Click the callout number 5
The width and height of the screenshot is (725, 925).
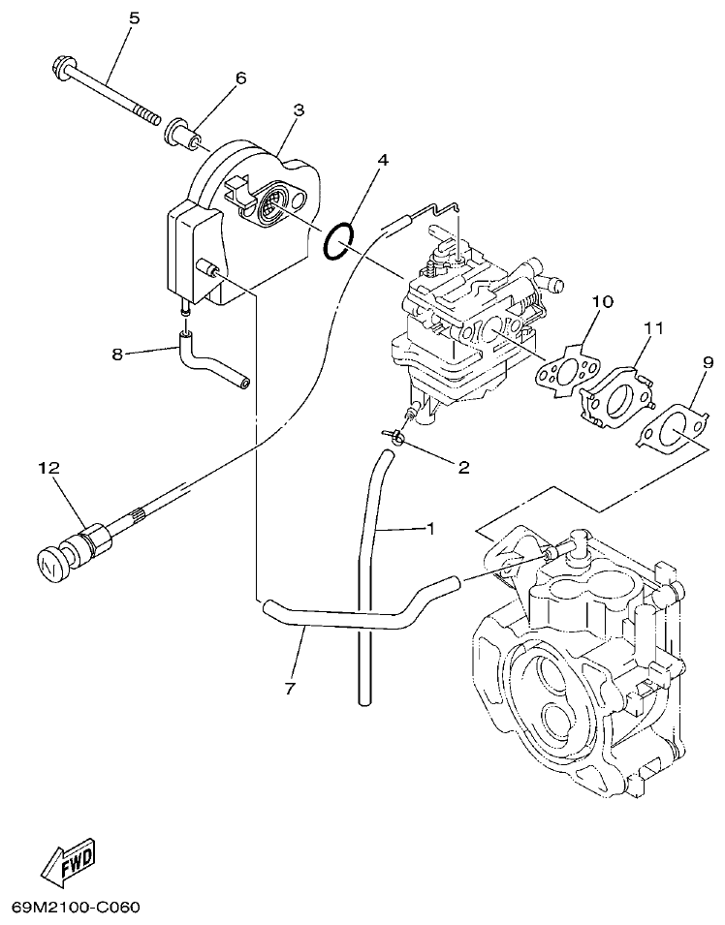coord(134,17)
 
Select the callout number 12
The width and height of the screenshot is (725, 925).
coord(49,468)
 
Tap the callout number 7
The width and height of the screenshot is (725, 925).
coord(289,689)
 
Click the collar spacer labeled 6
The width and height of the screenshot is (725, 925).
coord(184,133)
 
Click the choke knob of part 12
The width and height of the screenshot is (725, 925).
coord(51,561)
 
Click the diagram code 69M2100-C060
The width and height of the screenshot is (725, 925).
coord(77,908)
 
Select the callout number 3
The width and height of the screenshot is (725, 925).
coord(299,109)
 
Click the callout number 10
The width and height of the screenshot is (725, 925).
coord(602,301)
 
